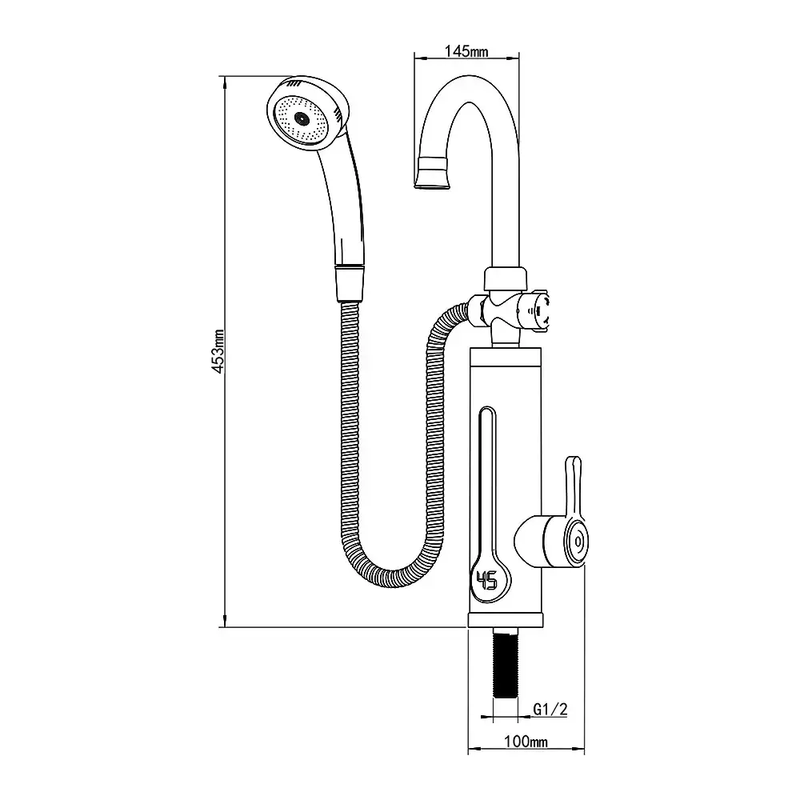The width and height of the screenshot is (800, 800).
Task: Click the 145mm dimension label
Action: point(466,51)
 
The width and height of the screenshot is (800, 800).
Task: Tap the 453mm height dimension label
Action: point(218,351)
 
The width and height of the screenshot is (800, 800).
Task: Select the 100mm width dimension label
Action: point(526,742)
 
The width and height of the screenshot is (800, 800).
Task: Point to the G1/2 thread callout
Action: point(550,709)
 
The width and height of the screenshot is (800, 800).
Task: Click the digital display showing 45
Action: point(486,580)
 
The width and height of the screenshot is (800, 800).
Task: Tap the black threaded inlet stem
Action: point(505,662)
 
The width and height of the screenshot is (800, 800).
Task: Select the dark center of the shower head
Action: point(302,119)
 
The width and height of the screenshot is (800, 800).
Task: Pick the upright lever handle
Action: point(574,485)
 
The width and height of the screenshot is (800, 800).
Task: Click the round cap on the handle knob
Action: point(578,541)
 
